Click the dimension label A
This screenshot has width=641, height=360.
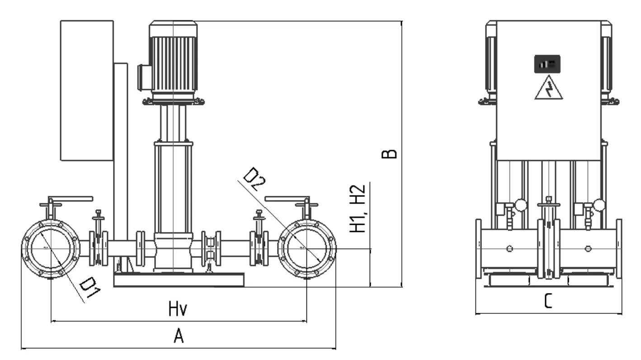(179, 336)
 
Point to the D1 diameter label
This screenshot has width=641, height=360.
(89, 289)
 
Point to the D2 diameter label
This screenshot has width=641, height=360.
(254, 179)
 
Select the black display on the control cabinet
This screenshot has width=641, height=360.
(547, 64)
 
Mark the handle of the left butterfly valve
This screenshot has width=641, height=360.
(70, 199)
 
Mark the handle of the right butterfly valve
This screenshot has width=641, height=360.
(287, 199)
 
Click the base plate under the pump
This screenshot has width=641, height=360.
(179, 280)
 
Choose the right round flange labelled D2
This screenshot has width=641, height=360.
(306, 249)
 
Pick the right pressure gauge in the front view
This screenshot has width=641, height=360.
(599, 206)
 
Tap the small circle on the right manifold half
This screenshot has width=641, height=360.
(588, 249)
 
